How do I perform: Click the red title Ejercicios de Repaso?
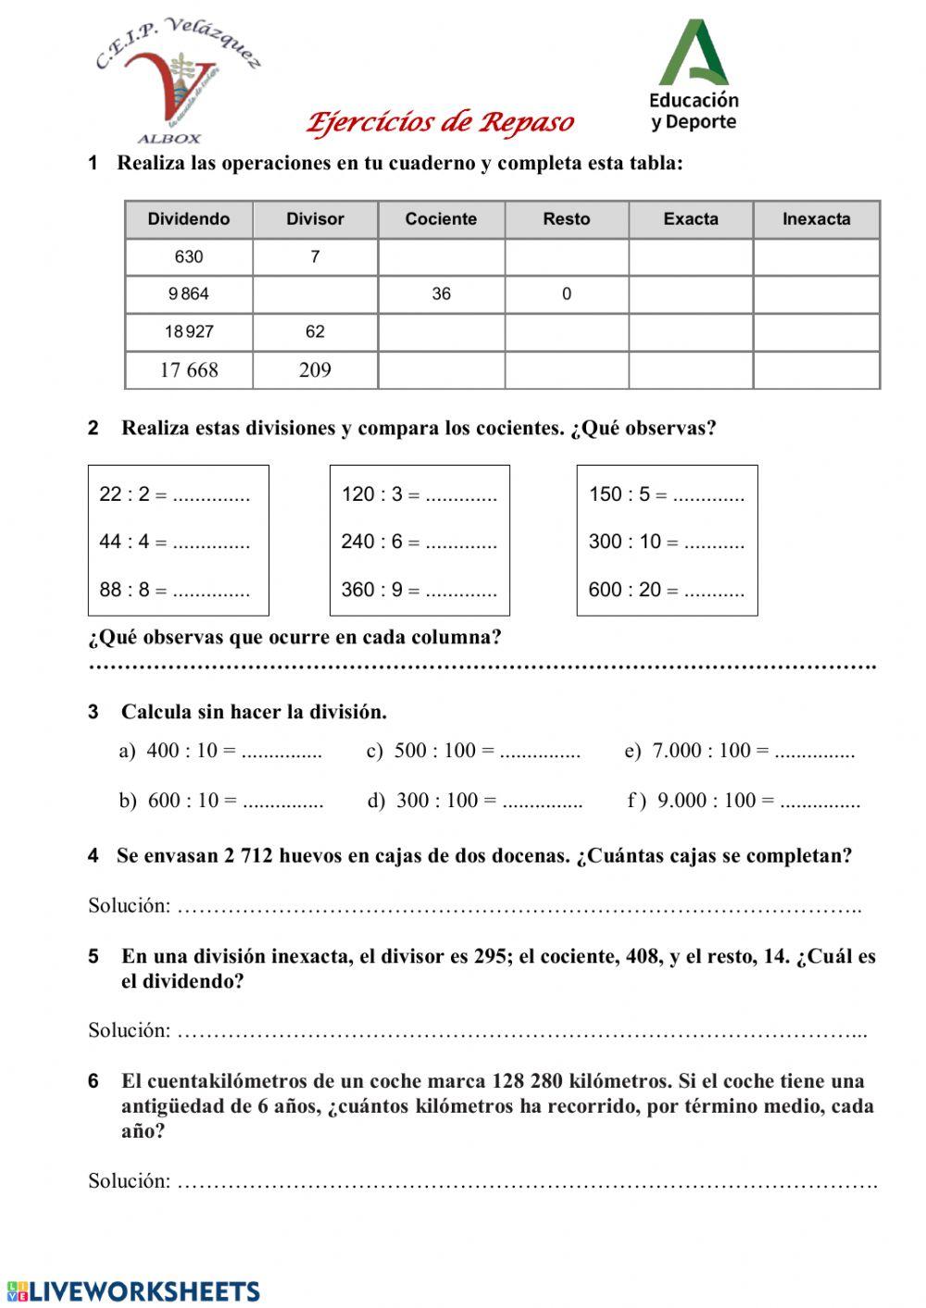pos(440,122)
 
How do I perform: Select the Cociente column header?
pos(441,219)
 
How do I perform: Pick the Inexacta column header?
pos(816,219)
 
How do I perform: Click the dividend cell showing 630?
pos(189,257)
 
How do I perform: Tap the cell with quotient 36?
pos(441,294)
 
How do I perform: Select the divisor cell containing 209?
pos(315,370)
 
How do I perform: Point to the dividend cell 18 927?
pos(189,331)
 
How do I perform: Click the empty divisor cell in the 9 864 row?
pos(315,294)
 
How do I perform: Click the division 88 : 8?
pos(124,590)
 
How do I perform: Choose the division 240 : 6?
pos(372,542)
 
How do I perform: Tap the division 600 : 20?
pos(625,590)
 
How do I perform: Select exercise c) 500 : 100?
pos(433,751)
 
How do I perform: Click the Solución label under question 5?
pos(129,1030)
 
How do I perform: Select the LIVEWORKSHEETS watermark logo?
pos(134,1291)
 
